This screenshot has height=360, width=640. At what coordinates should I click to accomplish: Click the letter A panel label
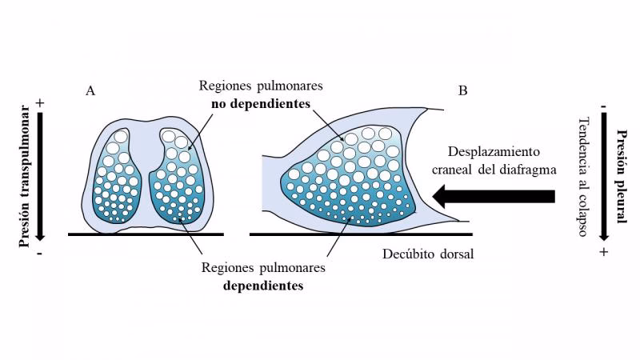90,91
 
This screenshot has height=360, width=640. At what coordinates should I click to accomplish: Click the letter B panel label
463,91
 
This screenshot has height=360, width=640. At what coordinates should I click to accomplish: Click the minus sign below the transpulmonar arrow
39,251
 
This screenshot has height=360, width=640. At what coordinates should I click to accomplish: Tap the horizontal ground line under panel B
360,234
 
